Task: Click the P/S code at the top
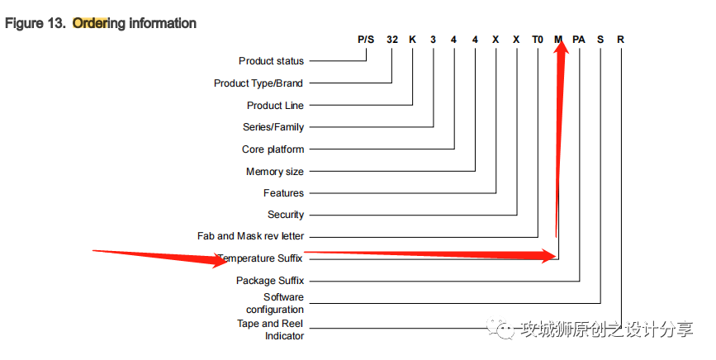366,40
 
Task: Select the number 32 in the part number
392,40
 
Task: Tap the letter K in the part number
413,40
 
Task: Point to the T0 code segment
538,40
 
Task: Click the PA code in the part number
579,40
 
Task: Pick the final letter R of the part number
620,40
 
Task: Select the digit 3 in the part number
434,40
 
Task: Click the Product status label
271,61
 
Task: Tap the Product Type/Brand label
258,83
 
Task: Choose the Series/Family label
273,127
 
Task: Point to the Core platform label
273,149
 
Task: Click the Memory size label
275,172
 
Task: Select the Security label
286,215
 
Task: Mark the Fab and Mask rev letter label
250,236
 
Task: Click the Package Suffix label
270,281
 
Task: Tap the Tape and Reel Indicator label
270,329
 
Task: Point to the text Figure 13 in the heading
35,23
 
